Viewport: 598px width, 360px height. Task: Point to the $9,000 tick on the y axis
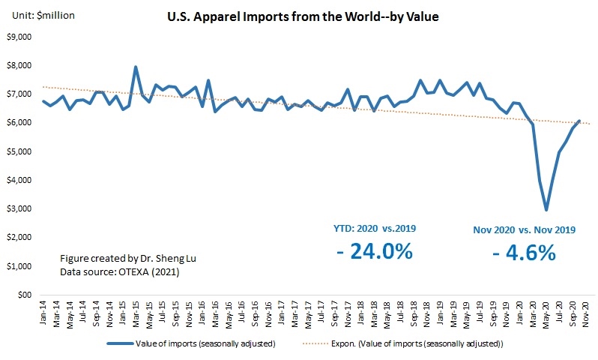tap(19, 37)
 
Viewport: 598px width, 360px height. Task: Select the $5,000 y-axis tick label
tap(19, 151)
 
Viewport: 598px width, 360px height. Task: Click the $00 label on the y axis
tap(25, 295)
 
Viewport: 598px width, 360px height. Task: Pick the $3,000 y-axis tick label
tap(19, 209)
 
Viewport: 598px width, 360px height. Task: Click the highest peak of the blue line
tap(136, 67)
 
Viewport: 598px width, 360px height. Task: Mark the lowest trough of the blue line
tap(546, 209)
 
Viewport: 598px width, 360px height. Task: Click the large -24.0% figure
tap(375, 251)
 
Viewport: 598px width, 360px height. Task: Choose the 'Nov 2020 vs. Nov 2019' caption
tap(525, 229)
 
